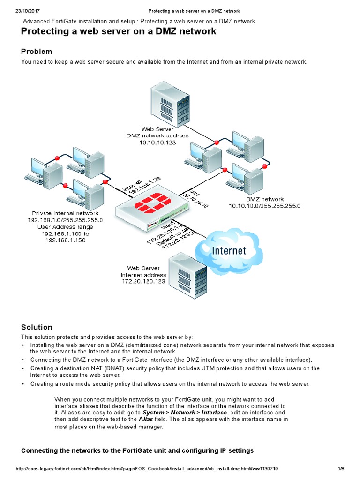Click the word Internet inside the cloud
pos(229,251)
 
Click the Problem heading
pos(37,52)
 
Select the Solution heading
pos(37,327)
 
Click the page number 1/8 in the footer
pos(341,469)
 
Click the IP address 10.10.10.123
pos(157,142)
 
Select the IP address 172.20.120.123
pos(143,282)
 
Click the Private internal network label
pos(65,213)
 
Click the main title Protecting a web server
pos(119,31)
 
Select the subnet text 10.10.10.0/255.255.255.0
pos(265,206)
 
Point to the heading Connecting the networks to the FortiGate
pos(137,450)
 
